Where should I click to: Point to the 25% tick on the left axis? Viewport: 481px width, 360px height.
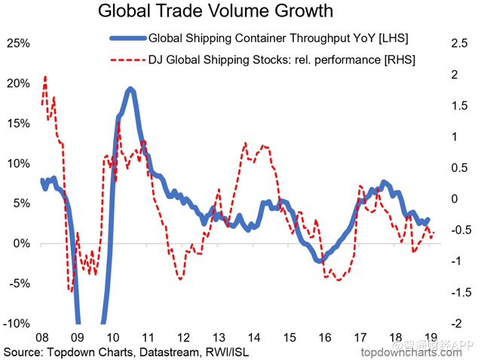pyautogui.click(x=17, y=43)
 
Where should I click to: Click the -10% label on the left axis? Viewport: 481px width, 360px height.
pyautogui.click(x=16, y=323)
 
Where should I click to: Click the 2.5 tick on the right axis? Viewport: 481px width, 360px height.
pyautogui.click(x=458, y=43)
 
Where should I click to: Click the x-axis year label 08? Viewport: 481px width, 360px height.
pyautogui.click(x=44, y=338)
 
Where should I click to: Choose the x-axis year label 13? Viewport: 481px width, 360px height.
pyautogui.click(x=219, y=338)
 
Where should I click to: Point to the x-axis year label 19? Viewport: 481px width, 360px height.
pyautogui.click(x=429, y=338)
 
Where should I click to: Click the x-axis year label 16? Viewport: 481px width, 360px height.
pyautogui.click(x=323, y=338)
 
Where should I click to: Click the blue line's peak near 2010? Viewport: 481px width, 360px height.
pyautogui.click(x=130, y=89)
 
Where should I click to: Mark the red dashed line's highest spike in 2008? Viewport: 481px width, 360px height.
pyautogui.click(x=45, y=76)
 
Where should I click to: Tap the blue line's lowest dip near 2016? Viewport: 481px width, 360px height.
pyautogui.click(x=321, y=261)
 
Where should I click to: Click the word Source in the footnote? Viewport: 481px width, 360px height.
pyautogui.click(x=23, y=352)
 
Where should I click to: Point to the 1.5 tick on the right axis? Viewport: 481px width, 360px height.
pyautogui.click(x=458, y=105)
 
